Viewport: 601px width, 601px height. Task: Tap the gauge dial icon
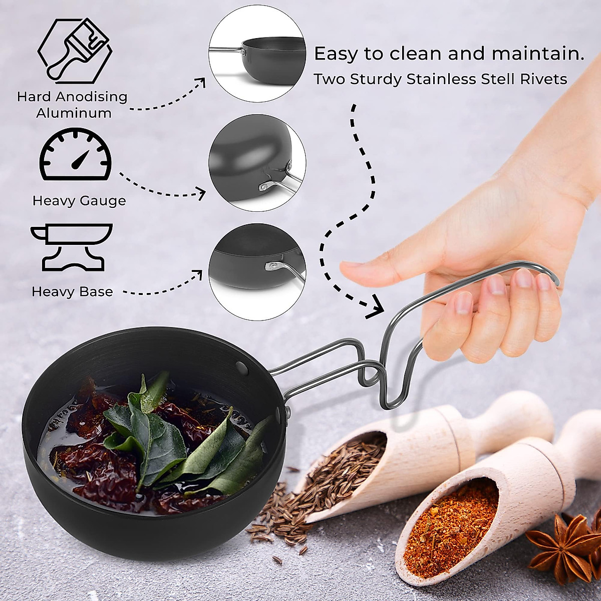tap(76, 155)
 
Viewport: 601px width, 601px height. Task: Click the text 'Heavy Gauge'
tap(79, 201)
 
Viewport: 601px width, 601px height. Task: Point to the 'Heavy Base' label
tap(72, 291)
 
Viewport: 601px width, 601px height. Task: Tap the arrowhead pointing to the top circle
tap(201, 83)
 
